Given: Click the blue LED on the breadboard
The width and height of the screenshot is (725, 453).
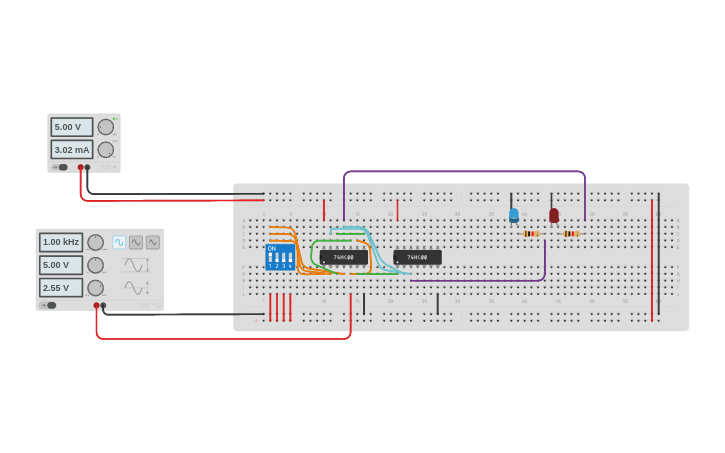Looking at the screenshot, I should (x=514, y=214).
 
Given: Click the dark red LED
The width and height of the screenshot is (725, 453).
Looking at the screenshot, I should (x=554, y=215).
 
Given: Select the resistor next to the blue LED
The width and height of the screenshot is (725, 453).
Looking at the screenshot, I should (x=530, y=234).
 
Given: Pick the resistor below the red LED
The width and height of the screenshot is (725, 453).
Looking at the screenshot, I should (x=571, y=234).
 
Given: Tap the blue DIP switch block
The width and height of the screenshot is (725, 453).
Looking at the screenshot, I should (x=280, y=257).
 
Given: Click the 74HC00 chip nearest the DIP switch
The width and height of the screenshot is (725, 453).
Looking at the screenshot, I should (x=344, y=257).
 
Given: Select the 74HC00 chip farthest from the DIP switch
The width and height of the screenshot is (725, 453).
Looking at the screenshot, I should (x=417, y=257).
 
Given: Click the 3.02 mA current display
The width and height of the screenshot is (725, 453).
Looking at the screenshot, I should (x=72, y=149).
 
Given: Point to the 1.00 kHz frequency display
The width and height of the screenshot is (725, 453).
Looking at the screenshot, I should (x=61, y=242).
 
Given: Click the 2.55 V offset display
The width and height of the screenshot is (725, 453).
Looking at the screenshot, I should (x=61, y=287).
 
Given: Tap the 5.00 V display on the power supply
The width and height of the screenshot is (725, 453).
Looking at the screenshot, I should (x=72, y=127).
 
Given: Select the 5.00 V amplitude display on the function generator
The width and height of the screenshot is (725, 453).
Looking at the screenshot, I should (x=61, y=265).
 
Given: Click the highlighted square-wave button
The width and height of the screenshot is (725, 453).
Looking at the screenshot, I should (x=119, y=242).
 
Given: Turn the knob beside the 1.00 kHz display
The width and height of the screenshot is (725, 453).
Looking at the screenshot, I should (x=96, y=242).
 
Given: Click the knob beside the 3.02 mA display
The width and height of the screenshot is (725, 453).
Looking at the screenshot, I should (x=106, y=149).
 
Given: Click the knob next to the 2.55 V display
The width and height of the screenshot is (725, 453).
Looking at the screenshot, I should (x=96, y=287).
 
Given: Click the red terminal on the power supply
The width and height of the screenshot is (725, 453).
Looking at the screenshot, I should (x=80, y=167).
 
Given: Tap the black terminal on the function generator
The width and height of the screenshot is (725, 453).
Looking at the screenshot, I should (x=103, y=305).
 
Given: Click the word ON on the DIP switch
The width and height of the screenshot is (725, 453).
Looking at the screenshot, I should (x=271, y=248).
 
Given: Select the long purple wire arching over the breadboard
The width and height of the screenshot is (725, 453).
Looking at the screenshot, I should (x=464, y=172).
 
